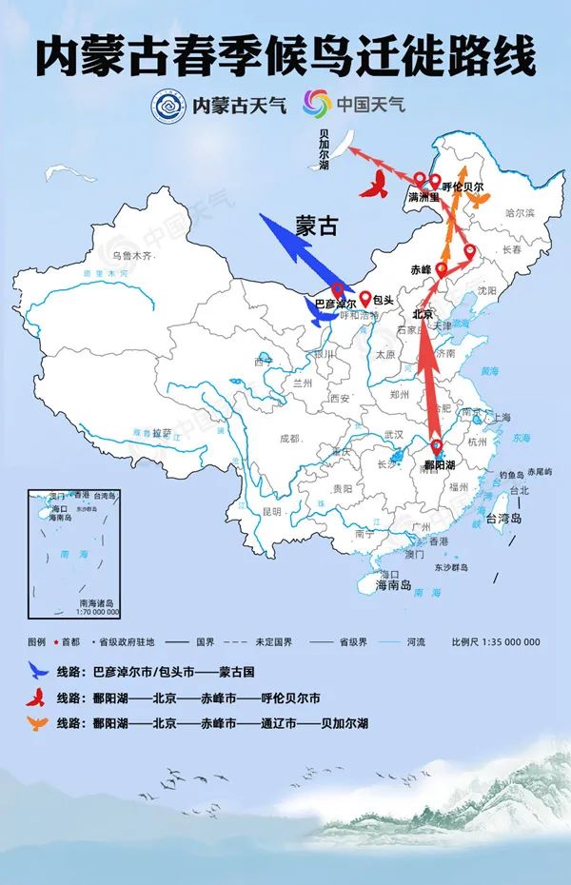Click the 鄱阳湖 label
pos(439,466)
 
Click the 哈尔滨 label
pos(521,212)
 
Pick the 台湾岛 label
pos(504,519)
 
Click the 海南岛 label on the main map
pos(393,586)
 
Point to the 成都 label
pos(288,439)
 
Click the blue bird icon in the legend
pos(37,669)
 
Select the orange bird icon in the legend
pos(37,722)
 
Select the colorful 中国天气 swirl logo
pos(317,103)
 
